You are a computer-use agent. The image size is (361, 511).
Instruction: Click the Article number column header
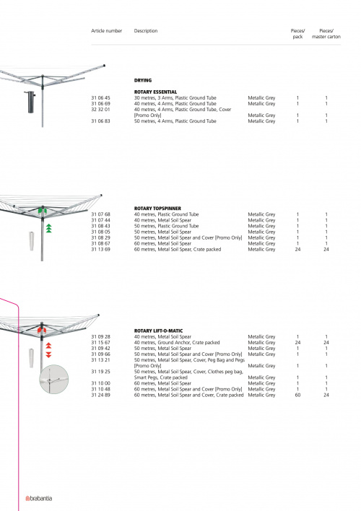[106, 30]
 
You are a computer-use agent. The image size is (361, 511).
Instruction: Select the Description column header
[146, 30]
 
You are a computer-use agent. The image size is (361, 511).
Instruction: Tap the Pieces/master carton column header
[326, 34]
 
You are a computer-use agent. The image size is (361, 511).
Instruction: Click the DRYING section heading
[143, 80]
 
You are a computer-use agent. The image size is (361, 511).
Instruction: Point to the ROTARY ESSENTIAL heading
[155, 92]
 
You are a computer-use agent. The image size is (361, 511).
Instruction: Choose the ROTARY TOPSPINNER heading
[157, 209]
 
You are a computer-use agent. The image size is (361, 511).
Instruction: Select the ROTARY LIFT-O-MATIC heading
[159, 331]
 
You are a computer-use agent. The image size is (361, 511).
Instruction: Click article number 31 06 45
[100, 97]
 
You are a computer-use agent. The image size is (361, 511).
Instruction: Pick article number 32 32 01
[100, 110]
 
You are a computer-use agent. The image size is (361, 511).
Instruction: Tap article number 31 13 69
[100, 249]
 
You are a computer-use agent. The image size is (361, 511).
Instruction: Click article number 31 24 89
[100, 395]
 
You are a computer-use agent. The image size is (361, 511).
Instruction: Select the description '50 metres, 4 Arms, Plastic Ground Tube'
[175, 121]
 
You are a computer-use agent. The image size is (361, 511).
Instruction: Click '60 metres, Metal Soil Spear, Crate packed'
[178, 249]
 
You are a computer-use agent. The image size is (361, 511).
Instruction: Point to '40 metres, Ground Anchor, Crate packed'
[177, 343]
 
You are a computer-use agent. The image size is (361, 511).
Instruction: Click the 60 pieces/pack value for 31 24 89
[297, 395]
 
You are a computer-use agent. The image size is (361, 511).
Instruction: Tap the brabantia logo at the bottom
[39, 498]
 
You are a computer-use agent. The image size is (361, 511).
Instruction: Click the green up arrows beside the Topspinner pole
[48, 228]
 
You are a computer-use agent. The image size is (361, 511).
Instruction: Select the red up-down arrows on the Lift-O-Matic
[48, 350]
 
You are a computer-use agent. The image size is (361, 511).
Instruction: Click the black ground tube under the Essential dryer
[30, 102]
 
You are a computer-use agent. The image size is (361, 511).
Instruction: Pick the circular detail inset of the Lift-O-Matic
[54, 380]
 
